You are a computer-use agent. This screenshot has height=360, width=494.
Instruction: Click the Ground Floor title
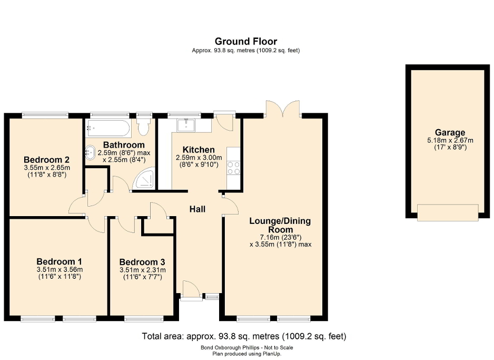[x=245, y=41]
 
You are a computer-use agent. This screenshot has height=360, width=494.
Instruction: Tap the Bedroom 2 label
[x=47, y=160]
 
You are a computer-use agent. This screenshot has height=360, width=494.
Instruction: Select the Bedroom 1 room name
[x=59, y=261]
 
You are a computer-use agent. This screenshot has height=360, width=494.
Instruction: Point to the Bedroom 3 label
[x=142, y=262]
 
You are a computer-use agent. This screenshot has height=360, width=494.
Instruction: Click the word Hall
[x=197, y=209]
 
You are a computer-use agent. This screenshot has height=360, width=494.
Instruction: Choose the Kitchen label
[x=199, y=150]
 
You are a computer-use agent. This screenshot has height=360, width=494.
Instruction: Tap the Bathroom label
[x=124, y=144]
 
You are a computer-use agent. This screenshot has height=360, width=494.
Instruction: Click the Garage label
[x=450, y=133]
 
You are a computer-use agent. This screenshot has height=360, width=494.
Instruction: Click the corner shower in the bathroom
[x=144, y=179]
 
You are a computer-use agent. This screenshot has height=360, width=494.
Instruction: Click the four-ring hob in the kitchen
[x=233, y=168]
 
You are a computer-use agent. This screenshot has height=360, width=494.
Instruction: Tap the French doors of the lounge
[x=283, y=109]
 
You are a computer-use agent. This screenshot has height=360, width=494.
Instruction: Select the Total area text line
[x=244, y=336]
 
